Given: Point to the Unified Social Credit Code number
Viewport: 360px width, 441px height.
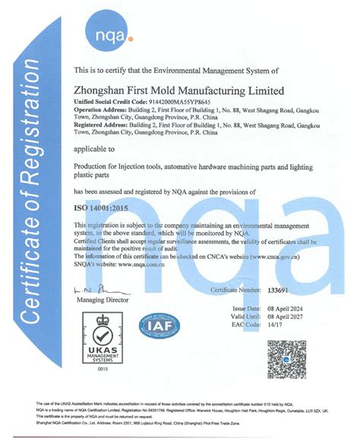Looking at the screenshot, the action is click(165, 100).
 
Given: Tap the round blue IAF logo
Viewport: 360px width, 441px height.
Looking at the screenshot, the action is click(159, 326).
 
